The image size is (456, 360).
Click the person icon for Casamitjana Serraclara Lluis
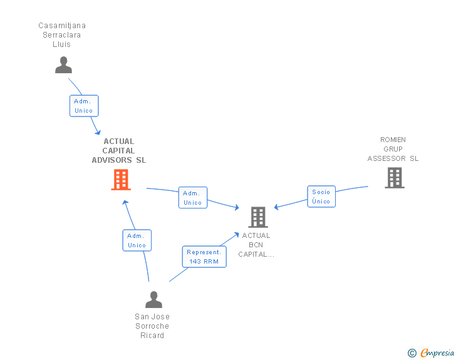pyautogui.click(x=63, y=65)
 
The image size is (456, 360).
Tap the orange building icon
pyautogui.click(x=121, y=180)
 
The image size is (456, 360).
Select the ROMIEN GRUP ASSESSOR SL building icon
pyautogui.click(x=394, y=178)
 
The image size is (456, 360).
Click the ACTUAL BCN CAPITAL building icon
pyautogui.click(x=258, y=217)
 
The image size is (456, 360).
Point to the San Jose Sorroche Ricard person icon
pyautogui.click(x=153, y=300)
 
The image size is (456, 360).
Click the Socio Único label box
pyautogui.click(x=321, y=197)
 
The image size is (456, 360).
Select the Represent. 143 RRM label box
pyautogui.click(x=204, y=257)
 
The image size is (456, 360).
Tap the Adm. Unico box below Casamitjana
pyautogui.click(x=84, y=106)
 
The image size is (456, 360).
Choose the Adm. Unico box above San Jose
pyautogui.click(x=137, y=240)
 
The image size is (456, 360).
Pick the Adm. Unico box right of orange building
pyautogui.click(x=193, y=198)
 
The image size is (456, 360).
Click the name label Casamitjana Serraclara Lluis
pyautogui.click(x=62, y=35)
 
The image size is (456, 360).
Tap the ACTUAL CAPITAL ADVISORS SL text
pyautogui.click(x=118, y=151)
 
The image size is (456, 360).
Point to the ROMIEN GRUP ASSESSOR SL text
pyautogui.click(x=393, y=149)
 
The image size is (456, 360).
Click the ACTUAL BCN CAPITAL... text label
pyautogui.click(x=256, y=245)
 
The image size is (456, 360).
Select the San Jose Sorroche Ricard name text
pyautogui.click(x=152, y=326)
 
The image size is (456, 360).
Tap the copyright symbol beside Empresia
pyautogui.click(x=412, y=353)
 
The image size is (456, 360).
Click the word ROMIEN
pyautogui.click(x=393, y=140)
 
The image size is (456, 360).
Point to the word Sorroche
pyautogui.click(x=152, y=326)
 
